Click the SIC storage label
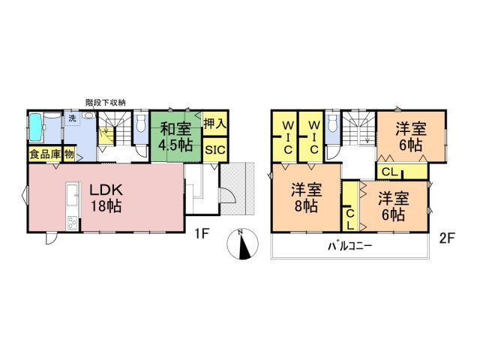point(215,149)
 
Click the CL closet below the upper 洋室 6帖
point(390,172)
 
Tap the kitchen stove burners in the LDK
point(73,222)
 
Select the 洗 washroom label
point(73,118)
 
